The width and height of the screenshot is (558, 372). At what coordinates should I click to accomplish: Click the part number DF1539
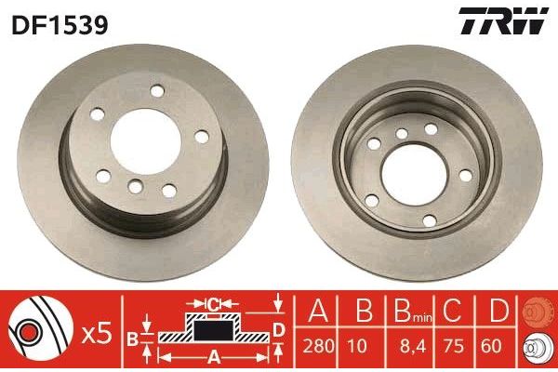(x=60, y=24)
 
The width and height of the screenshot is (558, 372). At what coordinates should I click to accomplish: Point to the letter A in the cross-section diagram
(x=214, y=354)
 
